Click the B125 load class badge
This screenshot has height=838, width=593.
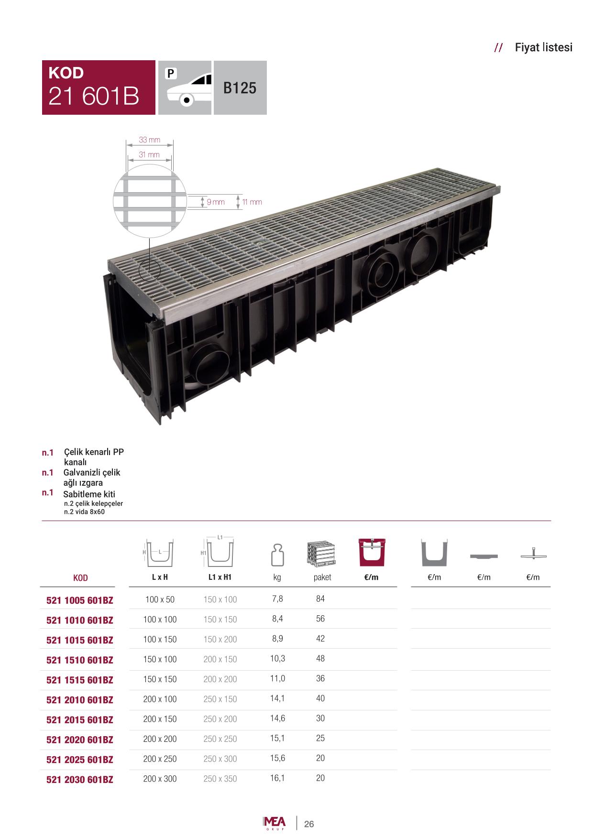click(240, 87)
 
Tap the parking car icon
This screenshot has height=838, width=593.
click(185, 87)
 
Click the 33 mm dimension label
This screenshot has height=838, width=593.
click(149, 140)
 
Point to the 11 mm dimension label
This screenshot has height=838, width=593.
click(252, 202)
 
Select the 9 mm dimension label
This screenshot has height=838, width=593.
click(216, 202)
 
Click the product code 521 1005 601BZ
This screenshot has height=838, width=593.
click(80, 600)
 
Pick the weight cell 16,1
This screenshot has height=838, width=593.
click(277, 778)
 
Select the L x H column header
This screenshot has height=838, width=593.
click(160, 577)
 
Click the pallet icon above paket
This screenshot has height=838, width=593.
click(321, 554)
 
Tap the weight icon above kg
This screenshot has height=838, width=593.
click(277, 555)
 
